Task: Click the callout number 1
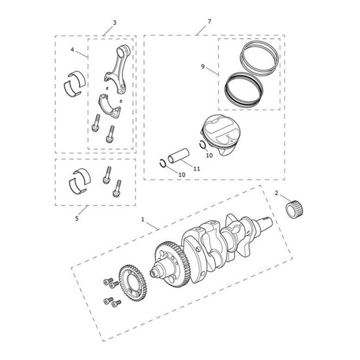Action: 142,219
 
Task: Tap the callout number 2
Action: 277,193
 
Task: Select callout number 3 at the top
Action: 114,22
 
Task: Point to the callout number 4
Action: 73,49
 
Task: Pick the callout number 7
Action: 209,22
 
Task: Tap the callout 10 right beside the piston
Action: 209,156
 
